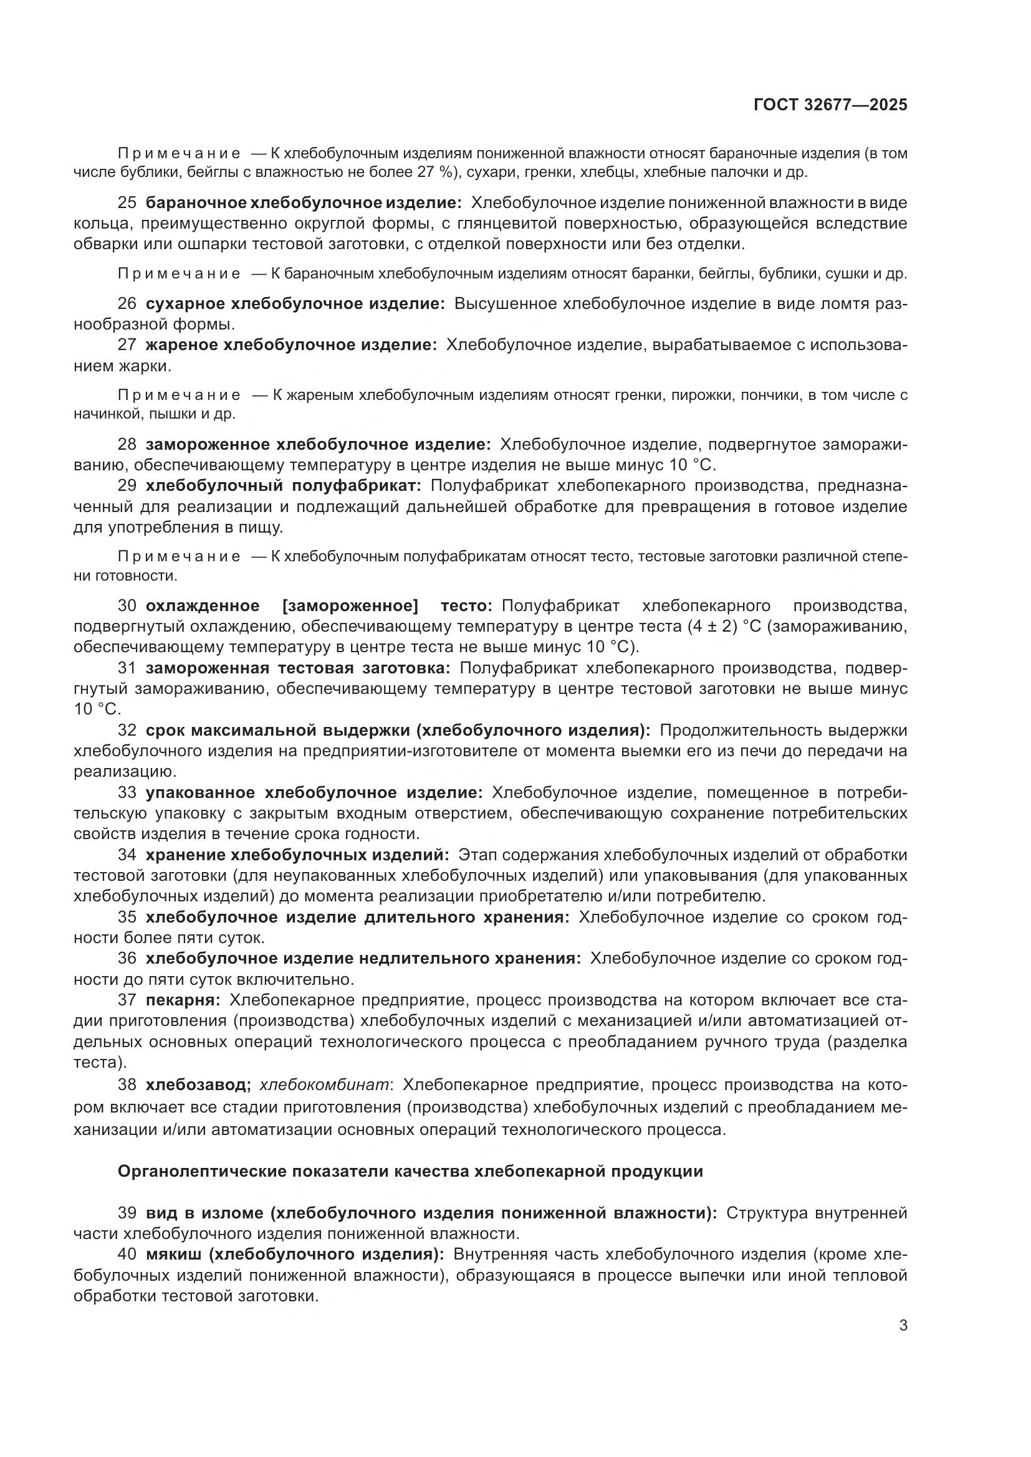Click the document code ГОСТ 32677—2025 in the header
[830, 105]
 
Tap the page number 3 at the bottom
[903, 1326]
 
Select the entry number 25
[127, 203]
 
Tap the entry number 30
[127, 606]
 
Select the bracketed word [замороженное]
[350, 606]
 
